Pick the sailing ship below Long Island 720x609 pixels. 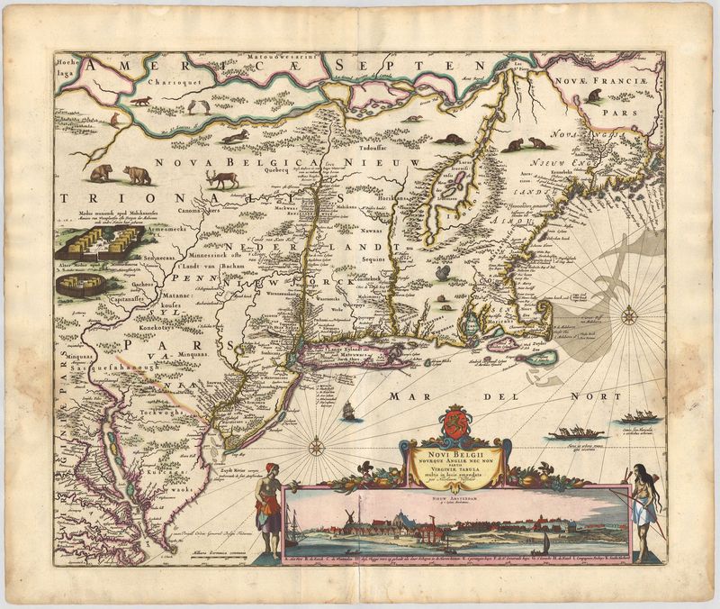tap(350, 410)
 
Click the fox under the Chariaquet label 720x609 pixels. tap(140, 101)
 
